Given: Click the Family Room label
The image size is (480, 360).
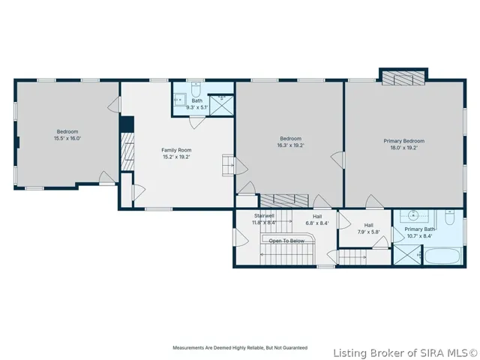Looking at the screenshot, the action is coord(176,150).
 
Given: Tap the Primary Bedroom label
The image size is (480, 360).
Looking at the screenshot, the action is coord(404,141).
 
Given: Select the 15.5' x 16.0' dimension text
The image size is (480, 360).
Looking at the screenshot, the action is coord(67,138).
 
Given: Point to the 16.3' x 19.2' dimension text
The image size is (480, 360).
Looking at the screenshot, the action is coord(290,145).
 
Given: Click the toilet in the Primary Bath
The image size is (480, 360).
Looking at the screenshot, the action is coord(449,217).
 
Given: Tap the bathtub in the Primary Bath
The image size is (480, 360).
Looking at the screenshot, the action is coord(442,256).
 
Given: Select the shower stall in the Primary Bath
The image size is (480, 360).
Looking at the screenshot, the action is coord(407,254).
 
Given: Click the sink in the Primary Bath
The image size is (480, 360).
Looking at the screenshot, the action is coord(414,215).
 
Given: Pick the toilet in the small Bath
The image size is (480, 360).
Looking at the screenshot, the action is coord(196,88).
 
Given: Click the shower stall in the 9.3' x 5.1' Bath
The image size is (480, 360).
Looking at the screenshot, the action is coord(222,105).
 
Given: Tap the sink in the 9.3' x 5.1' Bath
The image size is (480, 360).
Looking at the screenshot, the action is coord(179,100).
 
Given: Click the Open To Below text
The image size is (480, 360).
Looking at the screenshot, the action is coord(286,241).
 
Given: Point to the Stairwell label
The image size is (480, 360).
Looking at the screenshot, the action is coord(264,216).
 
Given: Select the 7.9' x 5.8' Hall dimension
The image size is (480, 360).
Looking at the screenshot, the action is coord(368,232).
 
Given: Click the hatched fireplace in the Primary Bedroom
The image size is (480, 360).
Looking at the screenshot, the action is coord(403,78).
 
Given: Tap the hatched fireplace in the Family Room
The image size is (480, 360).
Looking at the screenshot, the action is coord(127,151).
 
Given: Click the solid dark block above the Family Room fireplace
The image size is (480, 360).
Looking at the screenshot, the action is coord(127,124).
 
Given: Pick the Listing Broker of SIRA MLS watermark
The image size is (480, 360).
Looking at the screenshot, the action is coord(405,353).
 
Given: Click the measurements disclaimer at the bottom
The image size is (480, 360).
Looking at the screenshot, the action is coord(240,348).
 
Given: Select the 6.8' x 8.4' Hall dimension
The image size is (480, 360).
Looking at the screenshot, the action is coord(317,223).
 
